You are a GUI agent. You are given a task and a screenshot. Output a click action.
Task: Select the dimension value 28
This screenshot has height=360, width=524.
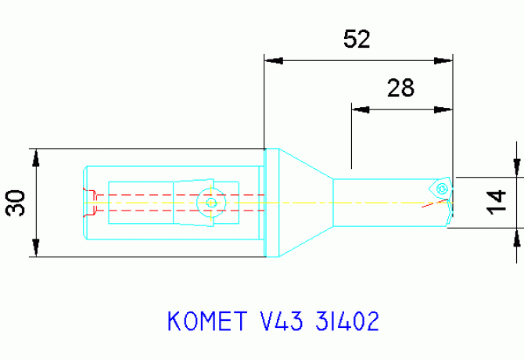pyautogui.click(x=400, y=88)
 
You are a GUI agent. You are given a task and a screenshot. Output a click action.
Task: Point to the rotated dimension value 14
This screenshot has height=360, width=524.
pyautogui.click(x=495, y=202)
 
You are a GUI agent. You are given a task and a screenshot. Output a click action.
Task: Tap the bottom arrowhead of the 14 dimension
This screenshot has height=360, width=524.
pyautogui.click(x=515, y=238)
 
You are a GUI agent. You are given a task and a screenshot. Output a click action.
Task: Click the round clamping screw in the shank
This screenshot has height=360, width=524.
pyautogui.click(x=210, y=202)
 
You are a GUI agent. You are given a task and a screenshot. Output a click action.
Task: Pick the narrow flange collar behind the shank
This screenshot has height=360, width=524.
pyautogui.click(x=271, y=202)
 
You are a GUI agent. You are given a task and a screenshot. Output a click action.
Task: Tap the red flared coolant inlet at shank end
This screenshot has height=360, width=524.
pyautogui.click(x=92, y=202)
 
